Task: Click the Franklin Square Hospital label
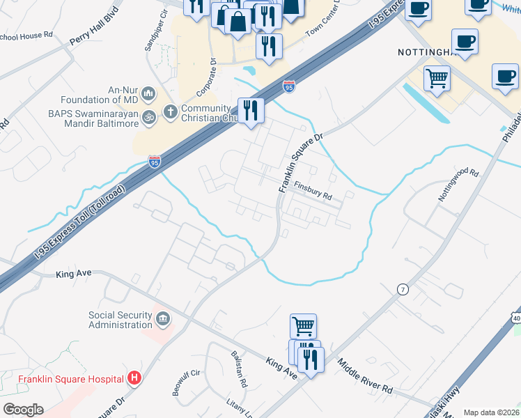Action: pyautogui.click(x=70, y=380)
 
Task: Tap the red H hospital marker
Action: pyautogui.click(x=135, y=380)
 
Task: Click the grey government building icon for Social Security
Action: pyautogui.click(x=163, y=320)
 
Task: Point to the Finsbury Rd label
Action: pyautogui.click(x=313, y=190)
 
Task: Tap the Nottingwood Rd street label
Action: pyautogui.click(x=459, y=185)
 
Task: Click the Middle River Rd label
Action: pyautogui.click(x=365, y=374)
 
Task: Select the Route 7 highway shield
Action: pyautogui.click(x=402, y=288)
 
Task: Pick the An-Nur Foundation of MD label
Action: pyautogui.click(x=109, y=93)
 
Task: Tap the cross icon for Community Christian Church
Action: pyautogui.click(x=170, y=111)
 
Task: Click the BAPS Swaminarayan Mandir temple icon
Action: pyautogui.click(x=148, y=118)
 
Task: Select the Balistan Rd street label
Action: pyautogui.click(x=239, y=369)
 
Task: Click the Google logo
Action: pyautogui.click(x=22, y=410)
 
